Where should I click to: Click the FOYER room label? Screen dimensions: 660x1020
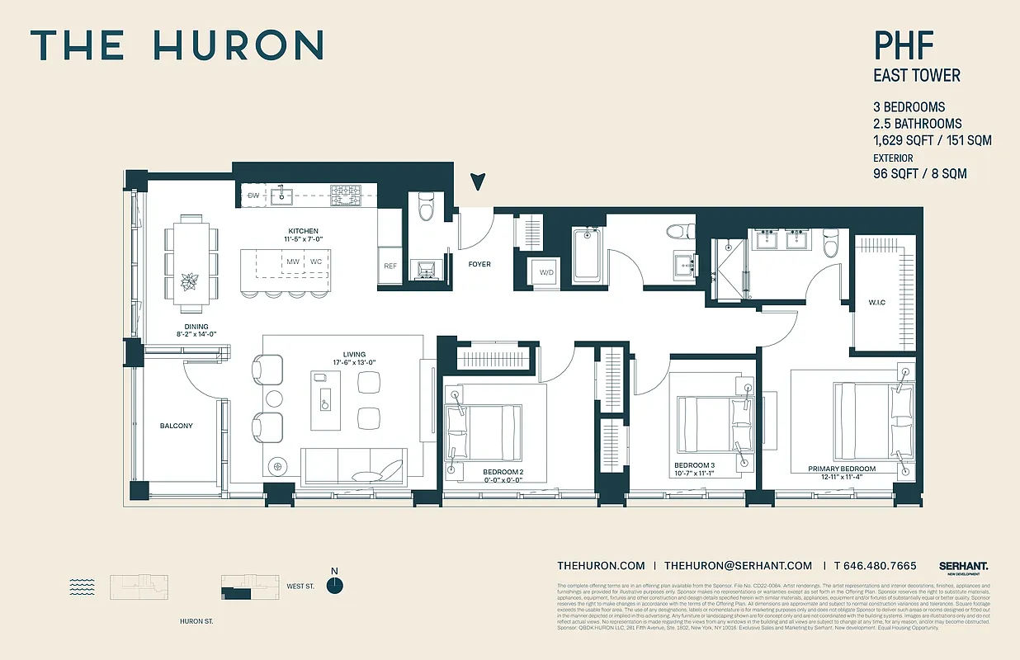click(479, 265)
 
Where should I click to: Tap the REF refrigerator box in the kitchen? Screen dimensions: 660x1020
click(390, 266)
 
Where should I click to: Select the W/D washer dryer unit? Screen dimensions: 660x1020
click(546, 272)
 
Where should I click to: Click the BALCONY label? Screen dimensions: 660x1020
click(176, 426)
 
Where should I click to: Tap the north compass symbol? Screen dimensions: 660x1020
click(334, 584)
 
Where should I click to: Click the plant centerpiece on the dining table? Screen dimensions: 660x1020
click(189, 281)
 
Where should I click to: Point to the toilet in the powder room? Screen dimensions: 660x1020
click(426, 208)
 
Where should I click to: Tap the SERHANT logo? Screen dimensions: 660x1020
click(963, 567)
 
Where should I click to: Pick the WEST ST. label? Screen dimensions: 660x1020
click(300, 587)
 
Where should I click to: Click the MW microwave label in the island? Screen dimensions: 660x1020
click(292, 262)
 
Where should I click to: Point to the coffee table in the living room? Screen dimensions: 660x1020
click(325, 399)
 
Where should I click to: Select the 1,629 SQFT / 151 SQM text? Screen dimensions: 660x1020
click(933, 140)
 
